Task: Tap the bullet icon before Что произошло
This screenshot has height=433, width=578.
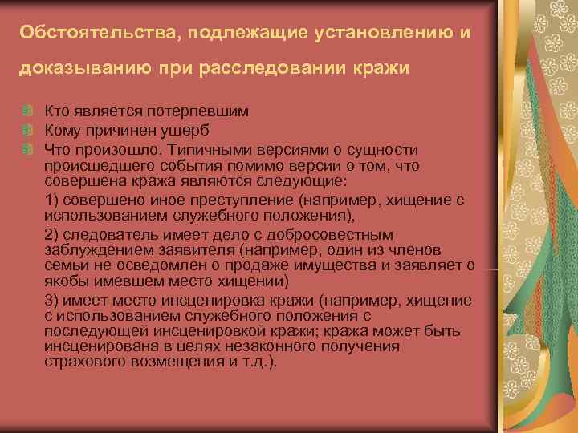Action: tap(27, 150)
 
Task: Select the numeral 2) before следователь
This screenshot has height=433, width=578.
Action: tap(53, 235)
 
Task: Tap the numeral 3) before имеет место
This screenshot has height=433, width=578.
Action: tap(53, 301)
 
